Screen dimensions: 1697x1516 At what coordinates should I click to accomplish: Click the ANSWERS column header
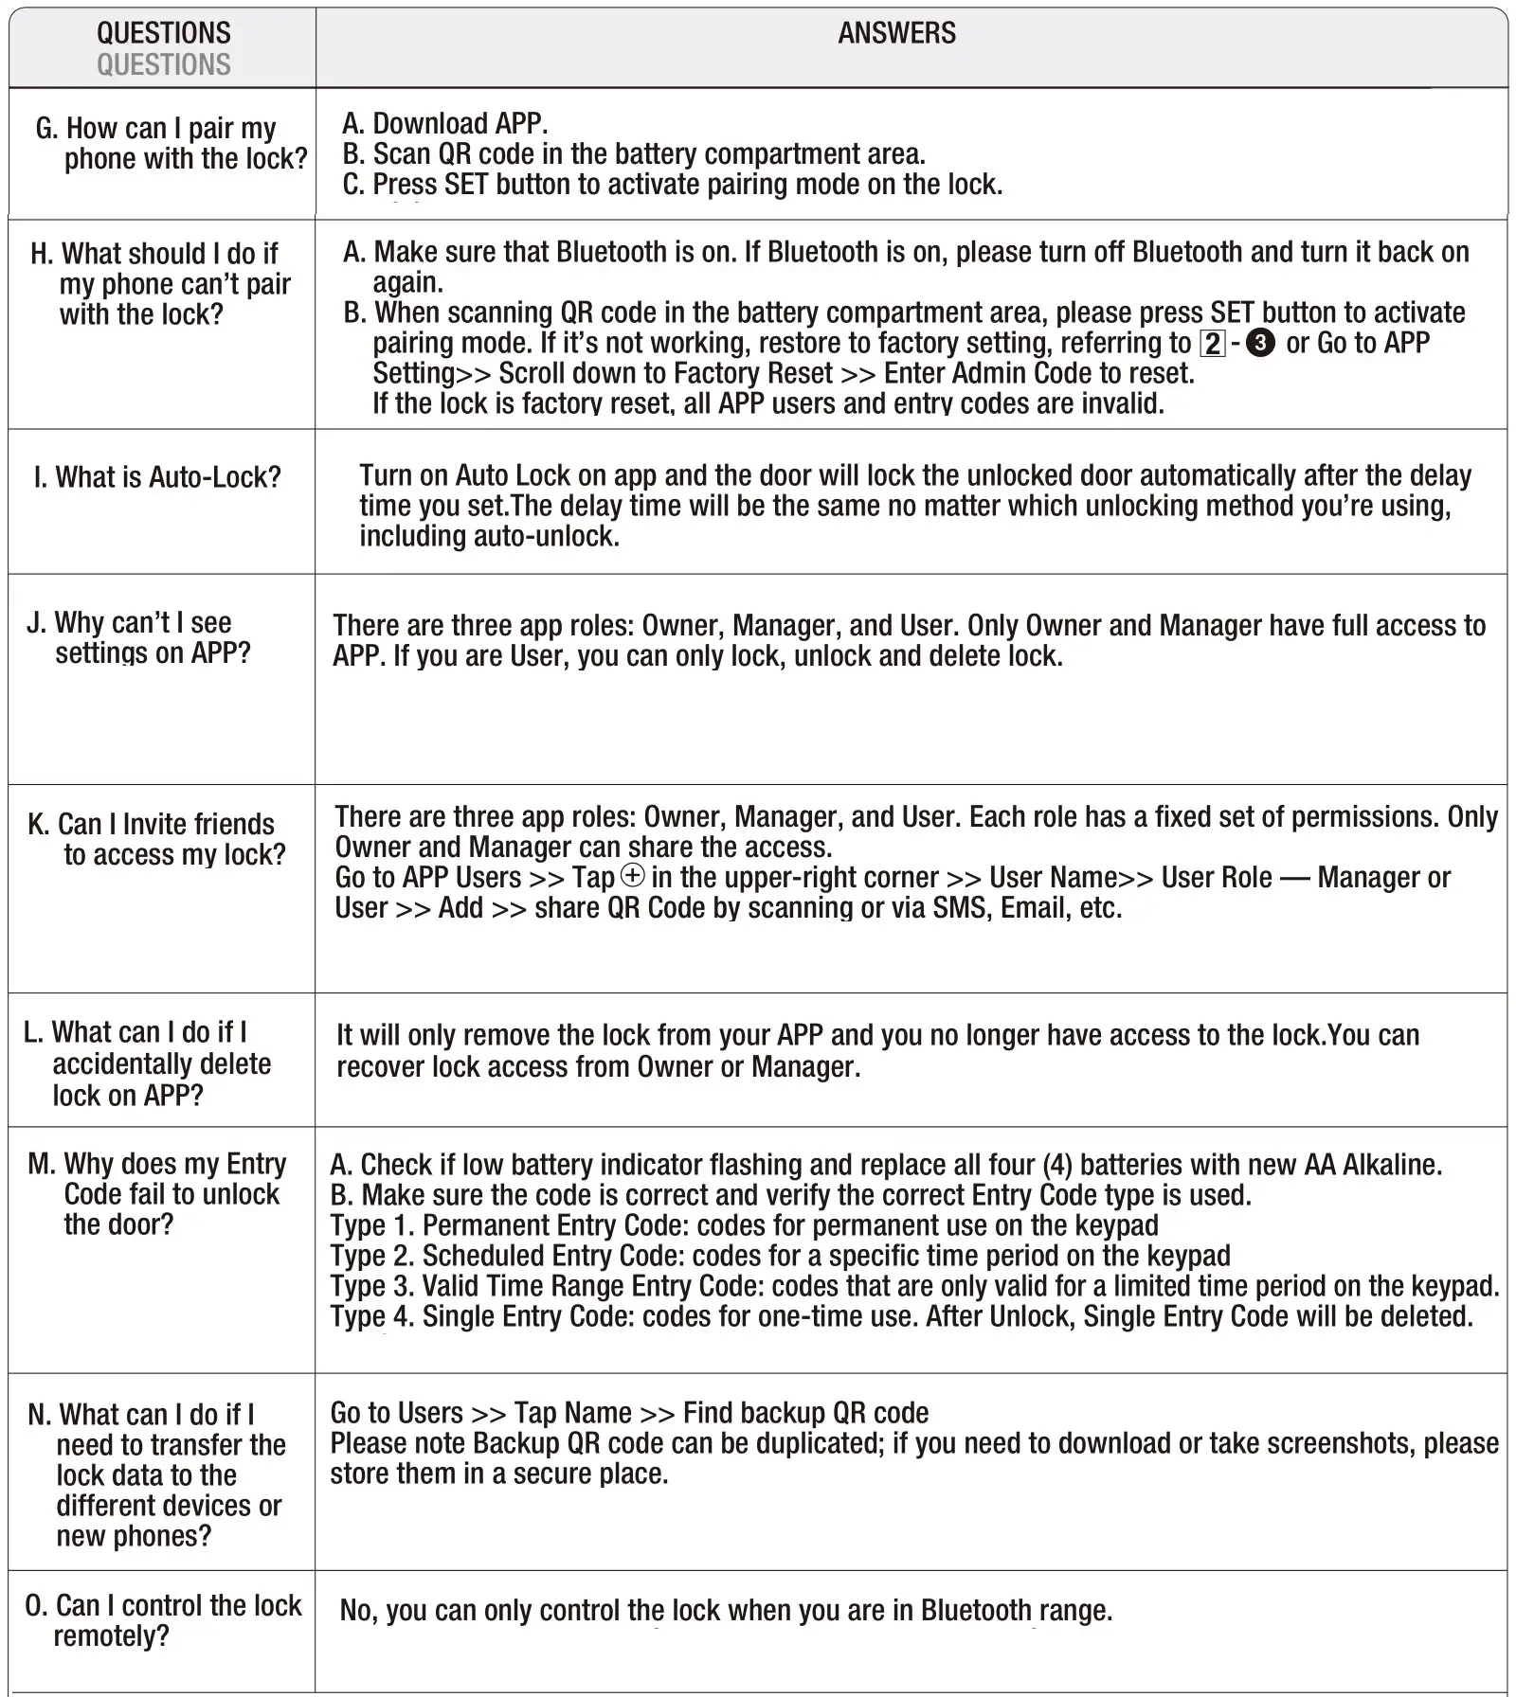896,33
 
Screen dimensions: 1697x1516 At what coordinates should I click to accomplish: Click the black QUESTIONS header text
163,33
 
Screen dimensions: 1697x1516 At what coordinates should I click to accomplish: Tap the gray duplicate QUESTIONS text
163,64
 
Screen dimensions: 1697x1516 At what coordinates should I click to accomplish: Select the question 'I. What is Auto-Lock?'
157,476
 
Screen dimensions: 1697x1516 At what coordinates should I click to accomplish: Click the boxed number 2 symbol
1212,343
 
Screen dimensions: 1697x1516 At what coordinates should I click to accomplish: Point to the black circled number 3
1260,343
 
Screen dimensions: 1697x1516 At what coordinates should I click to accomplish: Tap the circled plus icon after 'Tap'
632,876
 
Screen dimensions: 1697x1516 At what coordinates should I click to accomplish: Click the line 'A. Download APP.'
445,123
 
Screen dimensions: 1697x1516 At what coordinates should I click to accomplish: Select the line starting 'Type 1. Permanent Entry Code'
744,1225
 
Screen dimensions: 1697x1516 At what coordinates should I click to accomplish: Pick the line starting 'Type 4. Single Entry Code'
900,1316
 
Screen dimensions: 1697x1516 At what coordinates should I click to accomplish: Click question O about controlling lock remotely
163,1620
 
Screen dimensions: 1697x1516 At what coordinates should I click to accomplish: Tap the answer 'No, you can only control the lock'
725,1610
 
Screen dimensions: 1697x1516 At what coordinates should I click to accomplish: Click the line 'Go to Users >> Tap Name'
629,1413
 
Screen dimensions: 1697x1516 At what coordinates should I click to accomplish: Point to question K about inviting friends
156,839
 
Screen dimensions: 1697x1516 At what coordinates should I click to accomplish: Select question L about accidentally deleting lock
148,1063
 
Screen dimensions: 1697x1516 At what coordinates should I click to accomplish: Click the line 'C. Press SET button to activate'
673,184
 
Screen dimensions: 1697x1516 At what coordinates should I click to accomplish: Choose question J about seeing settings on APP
139,637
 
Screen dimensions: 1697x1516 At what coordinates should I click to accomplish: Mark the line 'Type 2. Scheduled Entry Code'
780,1256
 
